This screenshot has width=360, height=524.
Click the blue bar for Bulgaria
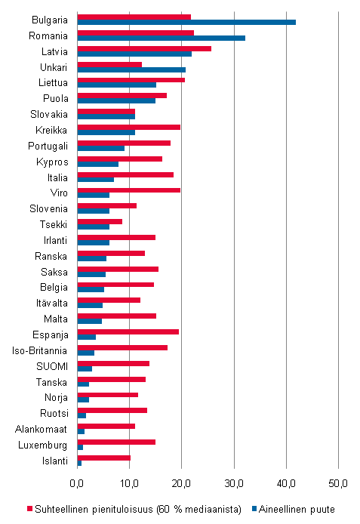click(x=186, y=22)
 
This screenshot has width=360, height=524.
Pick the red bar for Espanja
click(x=128, y=331)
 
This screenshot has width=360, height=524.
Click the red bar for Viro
click(x=129, y=190)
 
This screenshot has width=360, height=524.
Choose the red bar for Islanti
click(x=104, y=458)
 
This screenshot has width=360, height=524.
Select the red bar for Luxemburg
click(x=116, y=442)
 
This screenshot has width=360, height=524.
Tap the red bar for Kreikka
click(x=129, y=127)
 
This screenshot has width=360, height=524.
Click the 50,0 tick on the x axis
click(x=338, y=483)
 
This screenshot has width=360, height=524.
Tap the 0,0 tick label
click(x=78, y=483)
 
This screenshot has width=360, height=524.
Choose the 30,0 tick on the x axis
click(x=234, y=483)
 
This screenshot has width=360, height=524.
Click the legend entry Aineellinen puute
click(x=296, y=510)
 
